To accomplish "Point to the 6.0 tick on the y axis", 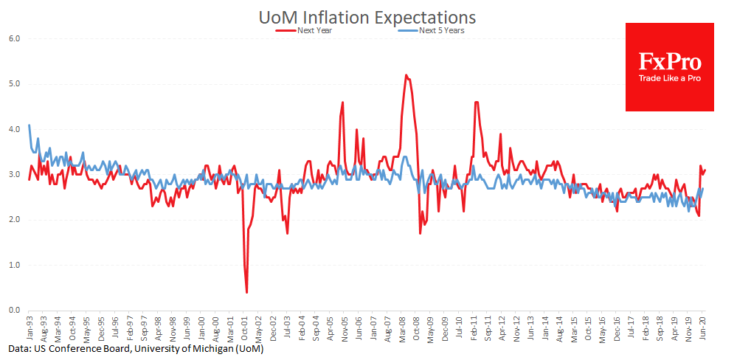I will (x=15, y=38).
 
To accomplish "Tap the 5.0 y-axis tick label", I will (x=15, y=84).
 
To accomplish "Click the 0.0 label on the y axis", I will (x=15, y=311).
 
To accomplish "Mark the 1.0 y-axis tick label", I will (x=15, y=266).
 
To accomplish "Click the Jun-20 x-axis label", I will (x=704, y=328).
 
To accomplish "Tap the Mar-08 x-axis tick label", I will (x=402, y=328).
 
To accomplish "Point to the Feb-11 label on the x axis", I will (x=474, y=328).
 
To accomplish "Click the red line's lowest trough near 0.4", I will (x=246, y=293).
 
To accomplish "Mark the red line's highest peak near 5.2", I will (x=406, y=75).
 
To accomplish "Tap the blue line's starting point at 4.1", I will (x=30, y=125).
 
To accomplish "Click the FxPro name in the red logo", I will (x=670, y=61).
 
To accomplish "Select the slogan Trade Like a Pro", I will (x=670, y=79).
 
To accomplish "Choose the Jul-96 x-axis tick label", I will (x=115, y=328).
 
